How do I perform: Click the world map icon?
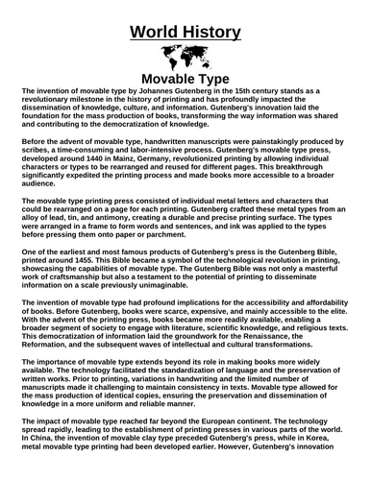185,57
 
